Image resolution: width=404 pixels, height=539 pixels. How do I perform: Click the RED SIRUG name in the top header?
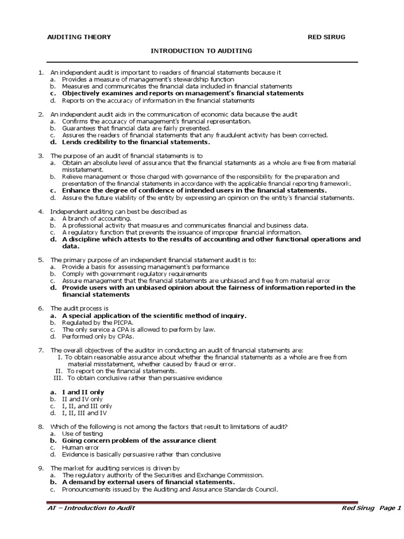(x=327, y=37)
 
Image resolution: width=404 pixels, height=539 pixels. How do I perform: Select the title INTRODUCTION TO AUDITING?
(x=202, y=51)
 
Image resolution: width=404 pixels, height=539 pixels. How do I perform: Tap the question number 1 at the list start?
(x=41, y=72)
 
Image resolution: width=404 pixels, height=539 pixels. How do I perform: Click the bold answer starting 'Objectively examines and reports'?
(x=183, y=93)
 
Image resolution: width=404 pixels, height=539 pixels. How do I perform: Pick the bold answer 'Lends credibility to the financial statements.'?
(x=136, y=142)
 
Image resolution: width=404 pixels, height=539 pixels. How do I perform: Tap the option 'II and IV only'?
(x=83, y=399)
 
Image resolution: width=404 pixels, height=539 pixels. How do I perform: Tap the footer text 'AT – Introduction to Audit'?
(x=91, y=507)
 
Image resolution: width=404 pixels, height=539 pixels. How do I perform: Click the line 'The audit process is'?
(x=79, y=308)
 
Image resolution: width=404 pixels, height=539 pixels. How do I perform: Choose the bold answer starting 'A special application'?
(x=154, y=315)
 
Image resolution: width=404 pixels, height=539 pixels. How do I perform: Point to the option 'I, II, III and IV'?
(x=86, y=413)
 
